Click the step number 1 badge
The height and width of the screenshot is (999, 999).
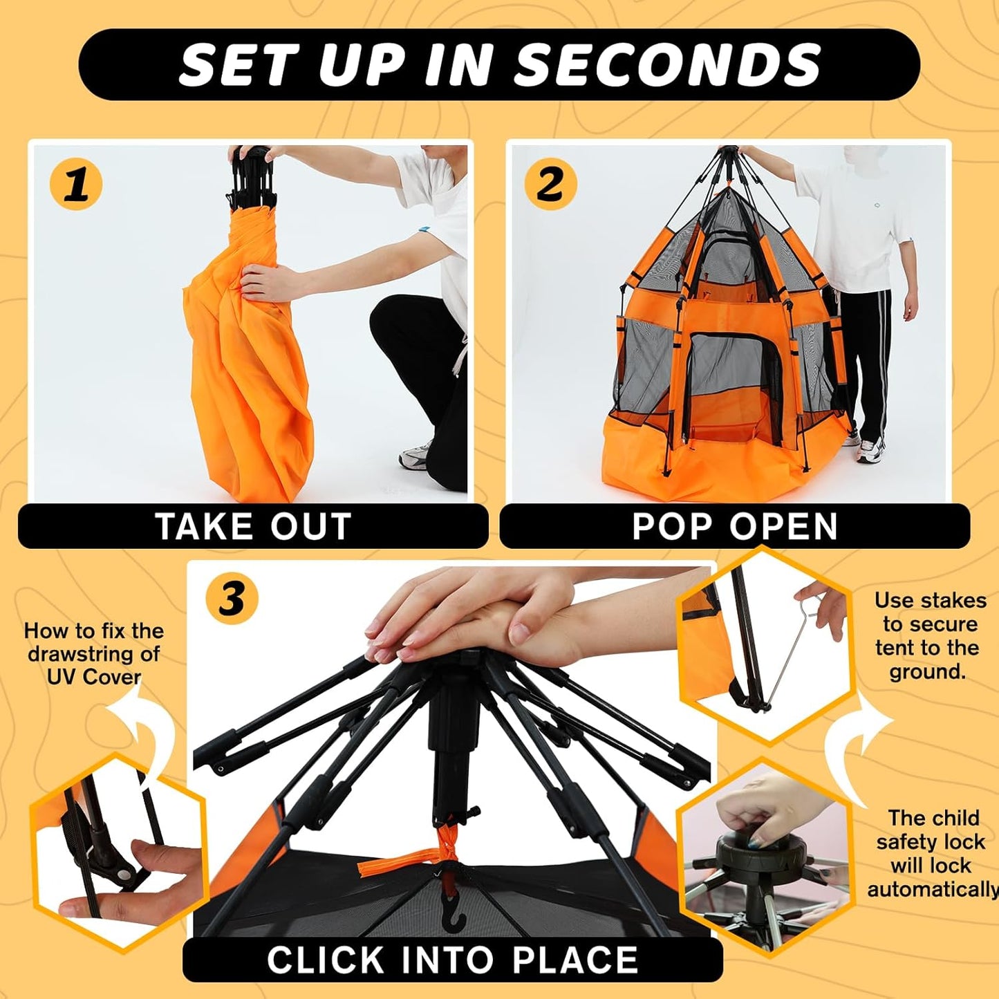[x=76, y=185]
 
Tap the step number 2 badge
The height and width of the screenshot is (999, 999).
[x=550, y=184]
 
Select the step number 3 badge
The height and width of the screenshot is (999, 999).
[x=232, y=599]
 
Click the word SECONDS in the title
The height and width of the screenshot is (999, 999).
[x=668, y=65]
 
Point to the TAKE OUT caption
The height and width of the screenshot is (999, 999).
[x=253, y=527]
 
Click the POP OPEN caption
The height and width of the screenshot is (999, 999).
[x=734, y=527]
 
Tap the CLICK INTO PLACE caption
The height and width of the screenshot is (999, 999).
[x=452, y=960]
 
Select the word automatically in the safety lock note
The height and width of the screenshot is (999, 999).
[x=932, y=889]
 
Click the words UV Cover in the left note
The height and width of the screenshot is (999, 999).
[x=93, y=676]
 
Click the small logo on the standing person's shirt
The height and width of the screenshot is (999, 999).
[x=877, y=207]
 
